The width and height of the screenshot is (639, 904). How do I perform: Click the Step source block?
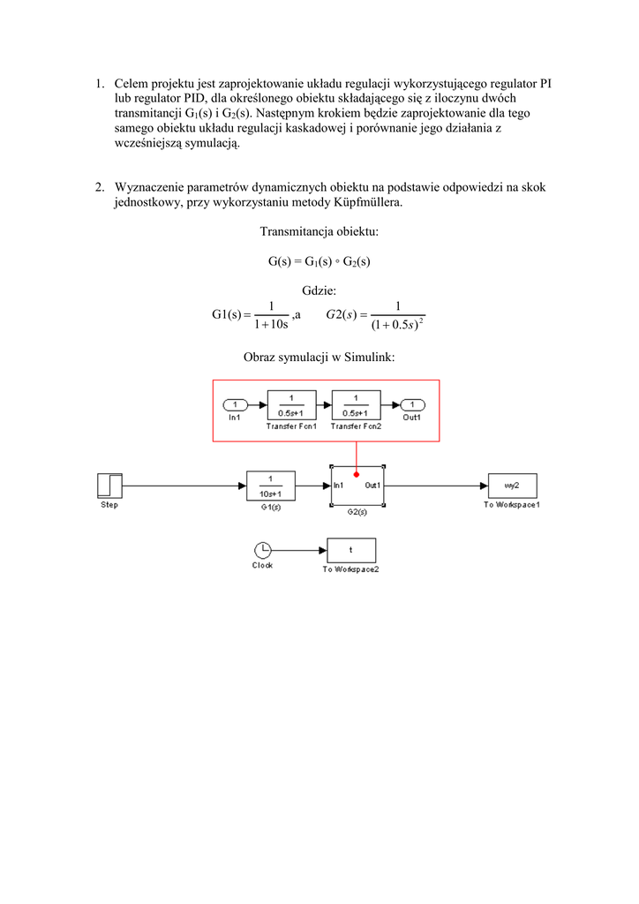[x=109, y=486]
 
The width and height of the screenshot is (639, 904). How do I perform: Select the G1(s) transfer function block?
[x=271, y=486]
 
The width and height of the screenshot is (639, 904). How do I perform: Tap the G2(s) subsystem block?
[x=357, y=486]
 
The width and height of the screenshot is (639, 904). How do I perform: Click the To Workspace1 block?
[x=512, y=486]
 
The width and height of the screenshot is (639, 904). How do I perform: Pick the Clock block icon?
[x=262, y=549]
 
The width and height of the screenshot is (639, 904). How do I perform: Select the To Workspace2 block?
[x=350, y=550]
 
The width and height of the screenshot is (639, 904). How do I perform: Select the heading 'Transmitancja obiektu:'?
[x=319, y=232]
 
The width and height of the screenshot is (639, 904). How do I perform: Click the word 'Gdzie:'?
[x=319, y=290]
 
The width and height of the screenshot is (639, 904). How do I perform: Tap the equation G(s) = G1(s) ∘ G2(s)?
[x=319, y=261]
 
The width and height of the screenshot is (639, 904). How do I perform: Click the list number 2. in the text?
[x=101, y=187]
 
